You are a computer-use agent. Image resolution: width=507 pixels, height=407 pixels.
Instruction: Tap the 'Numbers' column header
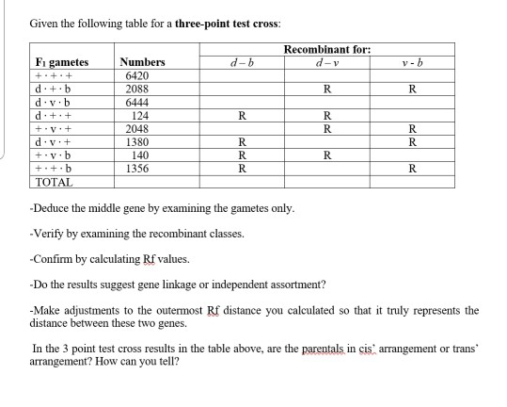point(143,62)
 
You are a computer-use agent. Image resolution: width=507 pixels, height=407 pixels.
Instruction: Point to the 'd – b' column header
point(243,62)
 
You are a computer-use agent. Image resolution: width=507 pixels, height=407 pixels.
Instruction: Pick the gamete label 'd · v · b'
point(51,102)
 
